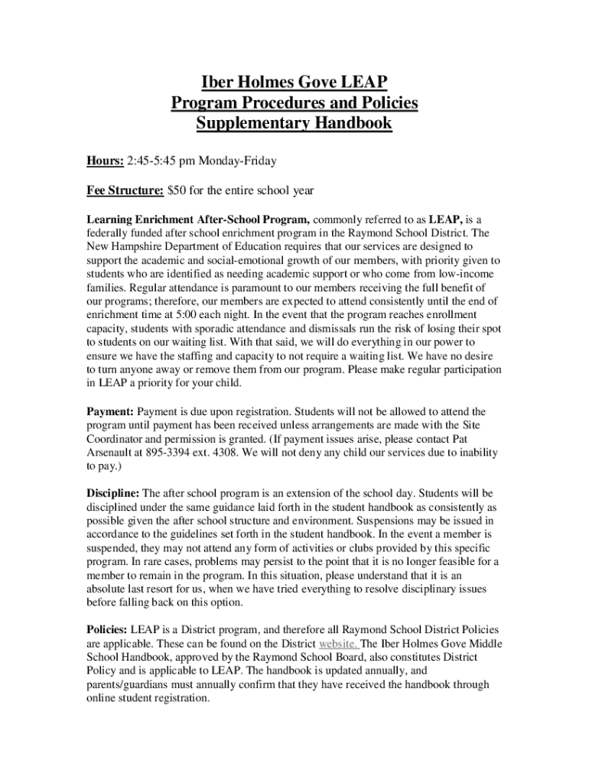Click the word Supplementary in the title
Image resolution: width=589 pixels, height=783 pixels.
pos(246,123)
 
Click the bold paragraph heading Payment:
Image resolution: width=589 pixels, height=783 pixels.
pos(109,412)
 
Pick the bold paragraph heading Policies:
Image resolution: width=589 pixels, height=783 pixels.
pos(107,629)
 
